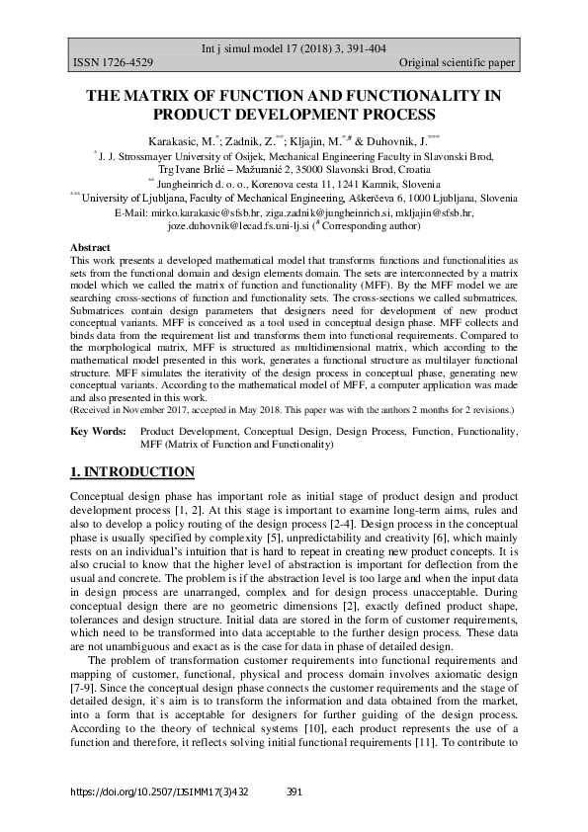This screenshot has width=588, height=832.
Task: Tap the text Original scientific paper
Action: coord(457,63)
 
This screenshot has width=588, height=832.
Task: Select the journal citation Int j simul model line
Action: coord(294,47)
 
